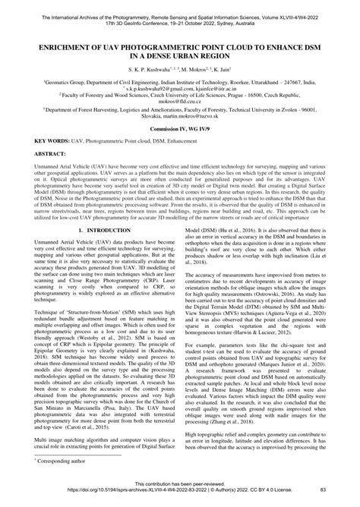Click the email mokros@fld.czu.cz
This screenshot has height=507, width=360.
tap(180, 99)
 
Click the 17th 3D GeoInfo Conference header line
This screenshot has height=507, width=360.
tap(180, 13)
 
